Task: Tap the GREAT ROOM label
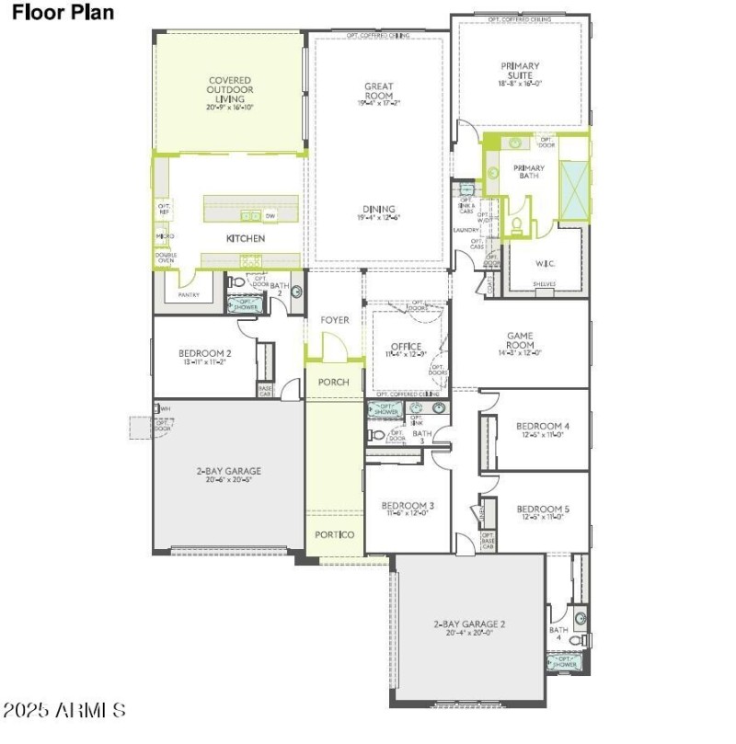pos(379,91)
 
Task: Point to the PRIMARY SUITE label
pos(521,71)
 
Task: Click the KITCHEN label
pos(246,238)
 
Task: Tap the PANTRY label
pos(188,295)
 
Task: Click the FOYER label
pos(335,320)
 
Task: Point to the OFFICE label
pos(406,347)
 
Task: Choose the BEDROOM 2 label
pos(204,353)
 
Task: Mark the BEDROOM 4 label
pos(543,426)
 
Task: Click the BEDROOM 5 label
pos(543,509)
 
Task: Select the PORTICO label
pos(335,534)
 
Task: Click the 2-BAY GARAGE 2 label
pos(469,624)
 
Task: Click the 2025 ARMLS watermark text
pos(64,709)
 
